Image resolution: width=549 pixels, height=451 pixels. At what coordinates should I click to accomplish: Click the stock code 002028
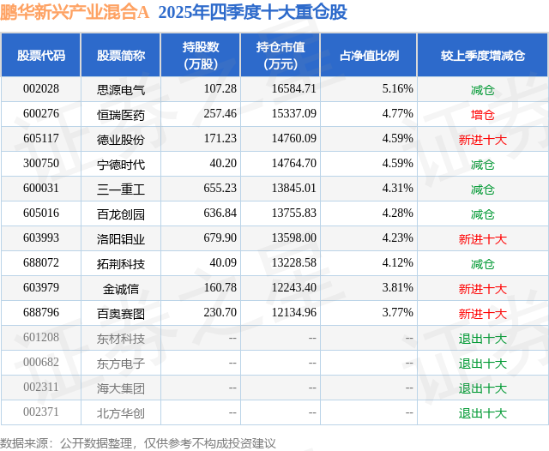[x=40, y=88]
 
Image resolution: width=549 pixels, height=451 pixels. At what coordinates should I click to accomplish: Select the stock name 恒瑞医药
[x=121, y=113]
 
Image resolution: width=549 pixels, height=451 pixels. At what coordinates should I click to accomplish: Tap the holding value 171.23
[x=220, y=138]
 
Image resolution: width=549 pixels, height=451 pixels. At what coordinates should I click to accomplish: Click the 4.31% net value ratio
[x=397, y=189]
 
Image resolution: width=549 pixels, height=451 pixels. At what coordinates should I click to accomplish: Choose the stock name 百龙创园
[x=121, y=213]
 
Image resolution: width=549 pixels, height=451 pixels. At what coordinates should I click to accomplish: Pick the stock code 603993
[x=40, y=238]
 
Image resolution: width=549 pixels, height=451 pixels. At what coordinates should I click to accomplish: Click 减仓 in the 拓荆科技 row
[x=482, y=263]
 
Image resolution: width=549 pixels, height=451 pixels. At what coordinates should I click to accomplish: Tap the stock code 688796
[x=40, y=313]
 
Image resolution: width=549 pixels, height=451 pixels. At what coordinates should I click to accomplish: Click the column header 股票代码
[x=40, y=56]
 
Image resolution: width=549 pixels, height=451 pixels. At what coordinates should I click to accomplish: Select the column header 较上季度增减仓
[x=482, y=56]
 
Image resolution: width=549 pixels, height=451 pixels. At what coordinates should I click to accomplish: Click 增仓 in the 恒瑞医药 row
[x=482, y=113]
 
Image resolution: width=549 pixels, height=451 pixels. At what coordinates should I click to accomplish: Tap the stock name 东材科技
[x=121, y=338]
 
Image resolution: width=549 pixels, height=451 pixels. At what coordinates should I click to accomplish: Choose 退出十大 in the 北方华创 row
[x=482, y=413]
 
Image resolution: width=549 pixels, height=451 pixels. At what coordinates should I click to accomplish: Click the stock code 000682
[x=40, y=363]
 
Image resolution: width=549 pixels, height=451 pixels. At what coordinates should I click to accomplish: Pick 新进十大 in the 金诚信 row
[x=482, y=288]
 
